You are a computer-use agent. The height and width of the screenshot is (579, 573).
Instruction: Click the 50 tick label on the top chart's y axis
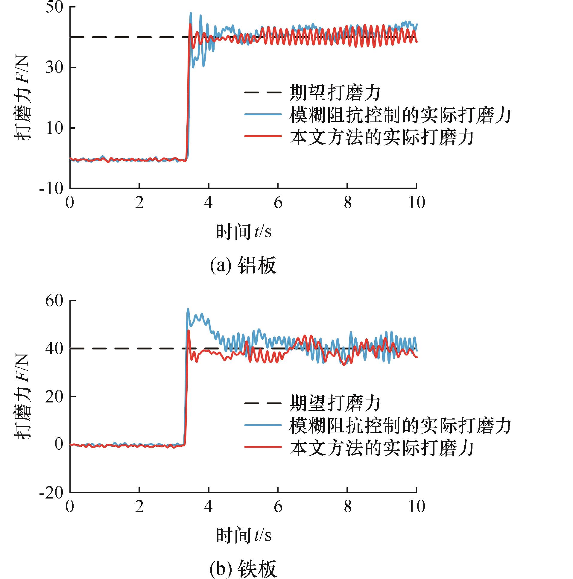click(54, 7)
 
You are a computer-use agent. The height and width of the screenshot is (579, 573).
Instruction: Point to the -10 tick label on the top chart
click(51, 189)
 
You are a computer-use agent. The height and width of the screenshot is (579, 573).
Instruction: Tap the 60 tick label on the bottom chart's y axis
click(54, 301)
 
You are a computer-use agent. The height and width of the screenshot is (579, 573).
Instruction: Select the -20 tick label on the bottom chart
click(51, 493)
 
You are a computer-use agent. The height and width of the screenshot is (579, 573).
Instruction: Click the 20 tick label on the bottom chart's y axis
click(54, 396)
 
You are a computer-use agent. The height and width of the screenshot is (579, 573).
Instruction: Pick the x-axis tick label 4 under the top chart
click(208, 203)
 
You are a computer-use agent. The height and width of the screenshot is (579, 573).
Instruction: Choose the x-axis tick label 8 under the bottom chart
click(347, 507)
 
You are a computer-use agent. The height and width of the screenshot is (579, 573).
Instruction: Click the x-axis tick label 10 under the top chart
click(417, 203)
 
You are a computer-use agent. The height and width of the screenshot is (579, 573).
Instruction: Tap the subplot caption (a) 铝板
click(243, 265)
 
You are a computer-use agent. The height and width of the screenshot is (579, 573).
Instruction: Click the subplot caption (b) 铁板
click(243, 569)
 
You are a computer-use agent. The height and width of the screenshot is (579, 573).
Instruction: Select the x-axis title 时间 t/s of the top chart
click(243, 232)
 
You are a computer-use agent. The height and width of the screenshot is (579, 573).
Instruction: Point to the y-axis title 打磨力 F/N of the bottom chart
click(23, 396)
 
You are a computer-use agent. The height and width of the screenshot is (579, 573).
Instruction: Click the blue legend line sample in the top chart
click(263, 114)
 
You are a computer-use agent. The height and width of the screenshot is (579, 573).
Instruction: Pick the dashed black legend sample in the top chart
click(263, 92)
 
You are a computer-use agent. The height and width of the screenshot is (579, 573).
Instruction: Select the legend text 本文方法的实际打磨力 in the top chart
click(381, 137)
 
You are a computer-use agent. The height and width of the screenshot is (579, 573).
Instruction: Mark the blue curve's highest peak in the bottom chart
click(188, 309)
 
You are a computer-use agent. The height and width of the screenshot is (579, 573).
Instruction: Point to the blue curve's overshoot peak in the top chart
click(191, 13)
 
